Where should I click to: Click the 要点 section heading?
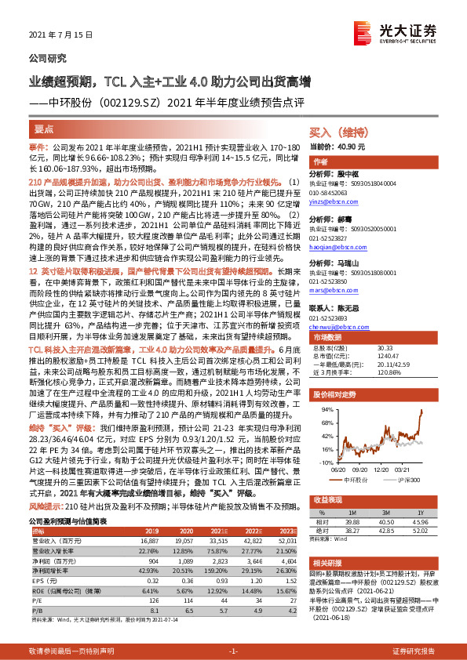[x=44, y=128]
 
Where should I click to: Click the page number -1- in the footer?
[x=232, y=652]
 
